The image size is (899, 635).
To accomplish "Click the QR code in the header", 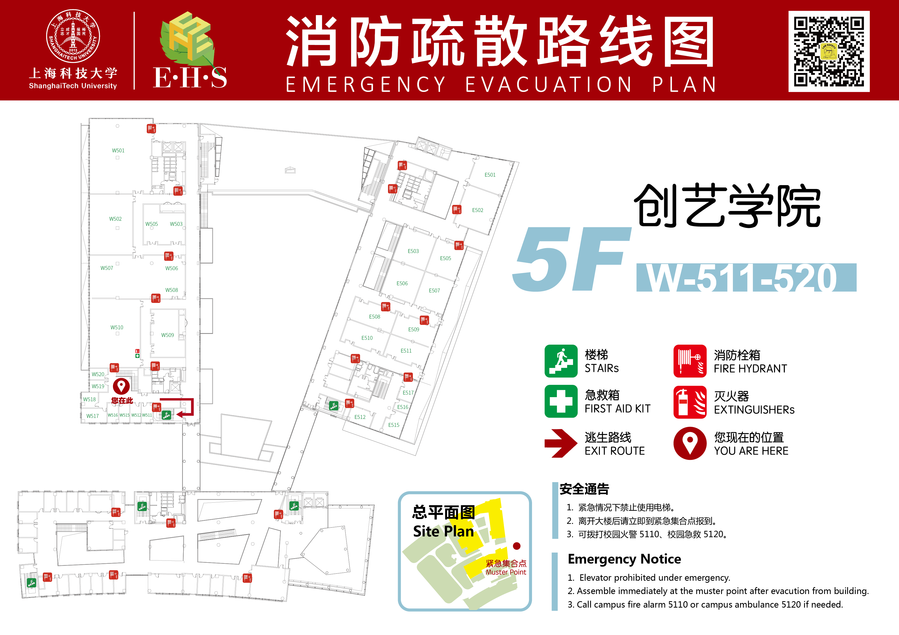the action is click(829, 51).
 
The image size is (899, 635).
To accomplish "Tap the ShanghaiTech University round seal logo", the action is click(73, 36).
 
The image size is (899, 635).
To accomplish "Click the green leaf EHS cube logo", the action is click(187, 38).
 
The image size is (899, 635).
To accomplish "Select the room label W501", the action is click(118, 151).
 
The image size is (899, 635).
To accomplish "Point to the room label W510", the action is click(117, 327).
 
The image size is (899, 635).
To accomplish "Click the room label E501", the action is click(490, 175).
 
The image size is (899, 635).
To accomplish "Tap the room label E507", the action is click(434, 291).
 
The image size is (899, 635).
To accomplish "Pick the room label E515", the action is click(394, 425).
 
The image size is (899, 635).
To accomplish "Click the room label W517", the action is click(93, 416).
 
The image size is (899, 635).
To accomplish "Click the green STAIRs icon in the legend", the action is click(561, 361).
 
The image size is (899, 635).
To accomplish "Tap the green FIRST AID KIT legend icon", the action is click(561, 401).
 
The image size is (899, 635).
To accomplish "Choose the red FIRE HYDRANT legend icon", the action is click(690, 361).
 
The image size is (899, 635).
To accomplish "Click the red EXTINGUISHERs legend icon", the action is click(690, 402).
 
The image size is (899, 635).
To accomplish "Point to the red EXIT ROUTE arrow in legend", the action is click(561, 443).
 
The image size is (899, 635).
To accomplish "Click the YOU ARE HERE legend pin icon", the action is click(690, 443).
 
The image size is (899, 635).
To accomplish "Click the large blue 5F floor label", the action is click(572, 259).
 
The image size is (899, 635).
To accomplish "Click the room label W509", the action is click(168, 335).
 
